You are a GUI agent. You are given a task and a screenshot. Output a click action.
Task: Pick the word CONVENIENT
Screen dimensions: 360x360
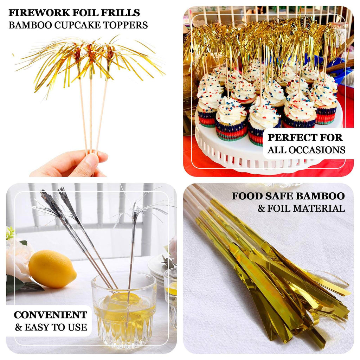[x=51, y=315]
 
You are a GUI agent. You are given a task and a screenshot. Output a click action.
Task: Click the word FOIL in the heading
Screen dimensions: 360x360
[x=82, y=13]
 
